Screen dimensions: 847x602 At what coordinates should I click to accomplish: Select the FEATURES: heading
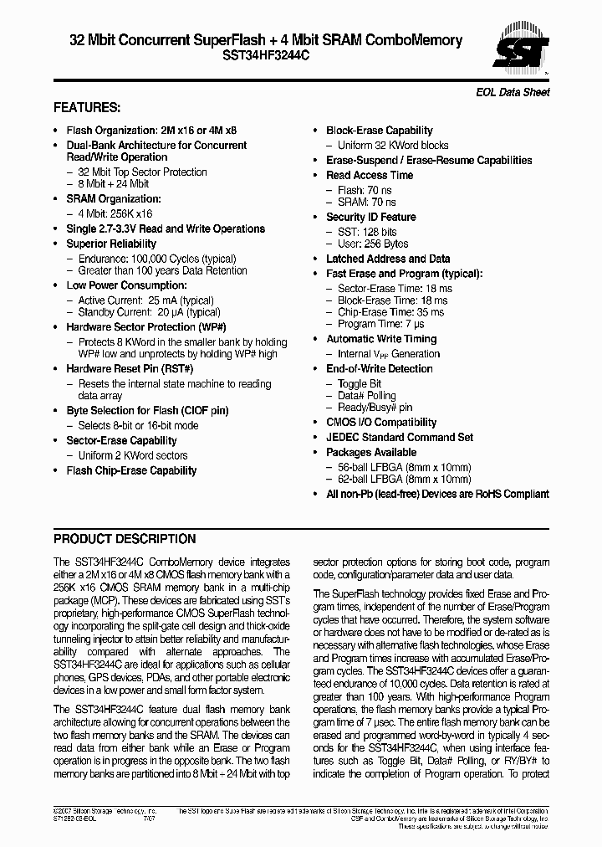[87, 108]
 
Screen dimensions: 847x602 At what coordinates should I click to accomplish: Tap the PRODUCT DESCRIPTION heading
[125, 539]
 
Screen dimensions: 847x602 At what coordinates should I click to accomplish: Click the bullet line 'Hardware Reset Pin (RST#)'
[130, 369]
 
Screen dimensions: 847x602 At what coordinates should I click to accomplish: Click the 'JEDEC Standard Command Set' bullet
[399, 438]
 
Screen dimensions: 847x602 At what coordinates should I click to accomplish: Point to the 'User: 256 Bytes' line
[373, 244]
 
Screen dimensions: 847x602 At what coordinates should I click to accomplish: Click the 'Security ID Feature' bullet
[370, 217]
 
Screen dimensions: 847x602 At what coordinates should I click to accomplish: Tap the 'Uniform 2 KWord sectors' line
[133, 456]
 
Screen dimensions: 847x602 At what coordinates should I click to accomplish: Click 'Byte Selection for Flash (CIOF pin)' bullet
[147, 411]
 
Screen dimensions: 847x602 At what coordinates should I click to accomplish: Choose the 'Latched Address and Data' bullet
[387, 259]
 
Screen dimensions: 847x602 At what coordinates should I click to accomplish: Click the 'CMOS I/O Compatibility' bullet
[381, 423]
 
